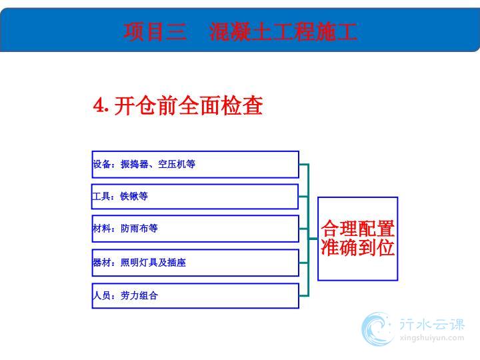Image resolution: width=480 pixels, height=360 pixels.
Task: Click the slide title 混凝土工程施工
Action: (x=283, y=31)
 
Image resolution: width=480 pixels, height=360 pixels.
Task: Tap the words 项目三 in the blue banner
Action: (x=155, y=31)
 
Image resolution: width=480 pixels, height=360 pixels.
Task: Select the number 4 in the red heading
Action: (x=99, y=105)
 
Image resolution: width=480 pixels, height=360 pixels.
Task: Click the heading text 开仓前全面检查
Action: (x=189, y=105)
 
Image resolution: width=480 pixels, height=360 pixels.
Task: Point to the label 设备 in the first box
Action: (x=101, y=164)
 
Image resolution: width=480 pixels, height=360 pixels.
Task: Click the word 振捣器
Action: (x=135, y=164)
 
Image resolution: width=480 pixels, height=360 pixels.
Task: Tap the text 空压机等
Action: (x=177, y=164)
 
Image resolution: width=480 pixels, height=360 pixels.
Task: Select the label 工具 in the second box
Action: (x=101, y=196)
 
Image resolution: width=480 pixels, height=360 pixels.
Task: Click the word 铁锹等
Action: (x=134, y=196)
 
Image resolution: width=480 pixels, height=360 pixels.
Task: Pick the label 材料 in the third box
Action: (x=101, y=228)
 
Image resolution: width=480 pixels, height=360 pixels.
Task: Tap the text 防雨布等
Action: (x=139, y=228)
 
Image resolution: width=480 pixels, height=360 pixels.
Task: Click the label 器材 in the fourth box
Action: (x=101, y=263)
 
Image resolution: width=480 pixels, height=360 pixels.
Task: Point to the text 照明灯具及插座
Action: (x=153, y=263)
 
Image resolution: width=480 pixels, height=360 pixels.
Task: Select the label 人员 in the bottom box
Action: (x=101, y=295)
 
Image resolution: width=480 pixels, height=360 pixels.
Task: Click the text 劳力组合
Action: (x=139, y=295)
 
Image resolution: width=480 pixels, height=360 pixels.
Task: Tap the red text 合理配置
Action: (x=357, y=229)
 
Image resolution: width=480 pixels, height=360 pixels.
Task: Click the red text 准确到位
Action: (x=357, y=247)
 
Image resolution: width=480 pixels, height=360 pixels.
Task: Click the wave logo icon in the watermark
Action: (x=377, y=329)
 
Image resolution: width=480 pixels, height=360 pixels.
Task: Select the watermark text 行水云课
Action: (x=432, y=324)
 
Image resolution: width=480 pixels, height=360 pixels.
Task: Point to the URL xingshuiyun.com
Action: (x=432, y=338)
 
